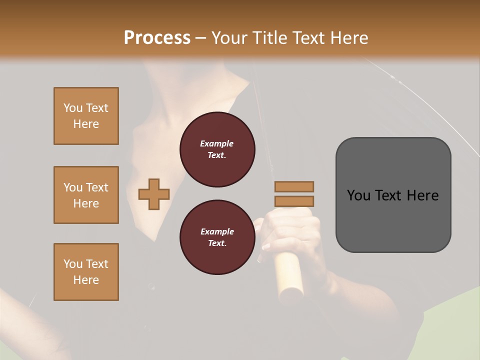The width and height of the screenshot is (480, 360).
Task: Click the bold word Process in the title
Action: click(157, 38)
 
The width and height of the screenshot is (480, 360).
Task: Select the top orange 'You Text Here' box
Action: click(86, 116)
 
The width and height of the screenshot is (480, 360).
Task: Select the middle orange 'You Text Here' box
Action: click(86, 195)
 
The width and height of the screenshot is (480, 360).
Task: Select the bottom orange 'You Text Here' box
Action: click(86, 272)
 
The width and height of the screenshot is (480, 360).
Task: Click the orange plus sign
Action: click(154, 194)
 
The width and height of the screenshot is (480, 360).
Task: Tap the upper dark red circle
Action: click(217, 149)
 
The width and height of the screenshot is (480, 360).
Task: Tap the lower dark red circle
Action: click(217, 237)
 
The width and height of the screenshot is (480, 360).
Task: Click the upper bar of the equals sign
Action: click(294, 186)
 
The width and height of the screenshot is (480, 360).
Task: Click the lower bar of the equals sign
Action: click(294, 201)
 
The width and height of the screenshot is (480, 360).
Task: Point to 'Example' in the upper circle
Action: click(217, 144)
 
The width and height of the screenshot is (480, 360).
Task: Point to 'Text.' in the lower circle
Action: click(217, 243)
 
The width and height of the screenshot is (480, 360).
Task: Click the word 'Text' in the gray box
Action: click(389, 195)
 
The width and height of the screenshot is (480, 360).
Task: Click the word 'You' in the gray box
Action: click(359, 195)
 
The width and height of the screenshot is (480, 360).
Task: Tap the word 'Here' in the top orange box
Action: click(86, 124)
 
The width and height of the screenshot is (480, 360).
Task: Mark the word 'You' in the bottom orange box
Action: click(73, 264)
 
